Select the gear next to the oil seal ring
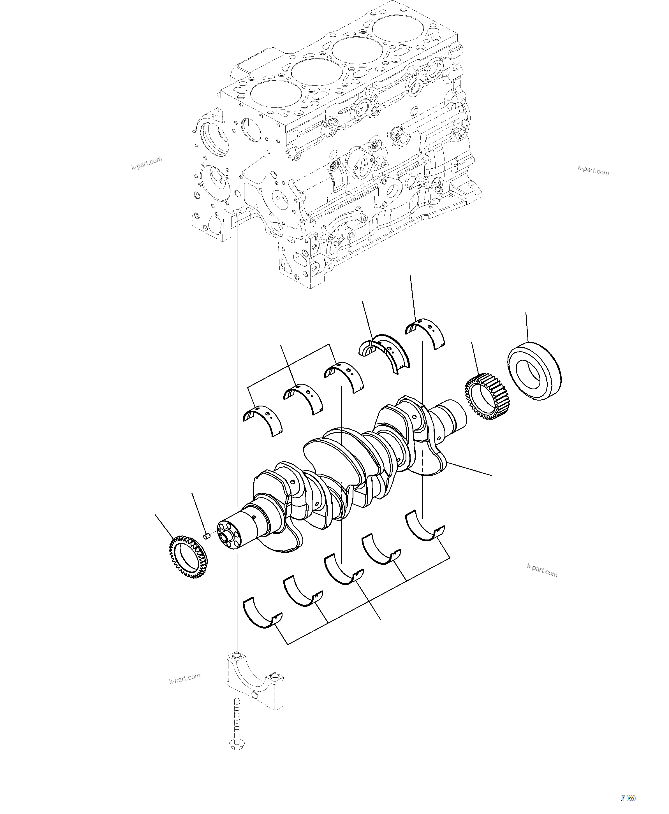[x=487, y=396]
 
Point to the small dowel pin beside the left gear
[x=206, y=536]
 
